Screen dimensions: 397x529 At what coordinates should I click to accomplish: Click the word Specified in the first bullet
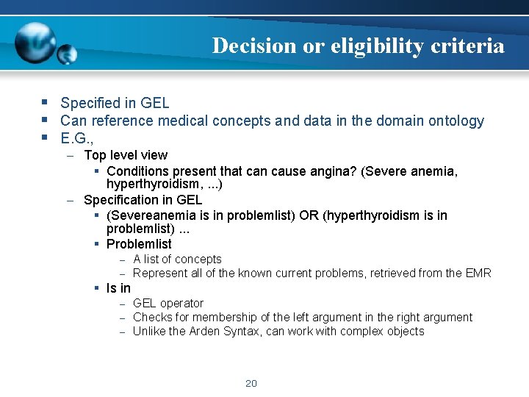[x=89, y=103]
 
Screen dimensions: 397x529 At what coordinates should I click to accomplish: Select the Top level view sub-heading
[x=126, y=155]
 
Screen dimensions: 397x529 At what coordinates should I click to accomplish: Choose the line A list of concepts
[x=177, y=259]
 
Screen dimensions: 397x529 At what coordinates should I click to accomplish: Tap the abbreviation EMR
[x=478, y=273]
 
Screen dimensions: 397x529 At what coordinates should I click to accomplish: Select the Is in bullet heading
[x=118, y=288]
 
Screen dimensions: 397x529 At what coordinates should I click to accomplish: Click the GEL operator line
[x=168, y=303]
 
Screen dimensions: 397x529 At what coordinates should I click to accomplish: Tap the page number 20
[x=251, y=383]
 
